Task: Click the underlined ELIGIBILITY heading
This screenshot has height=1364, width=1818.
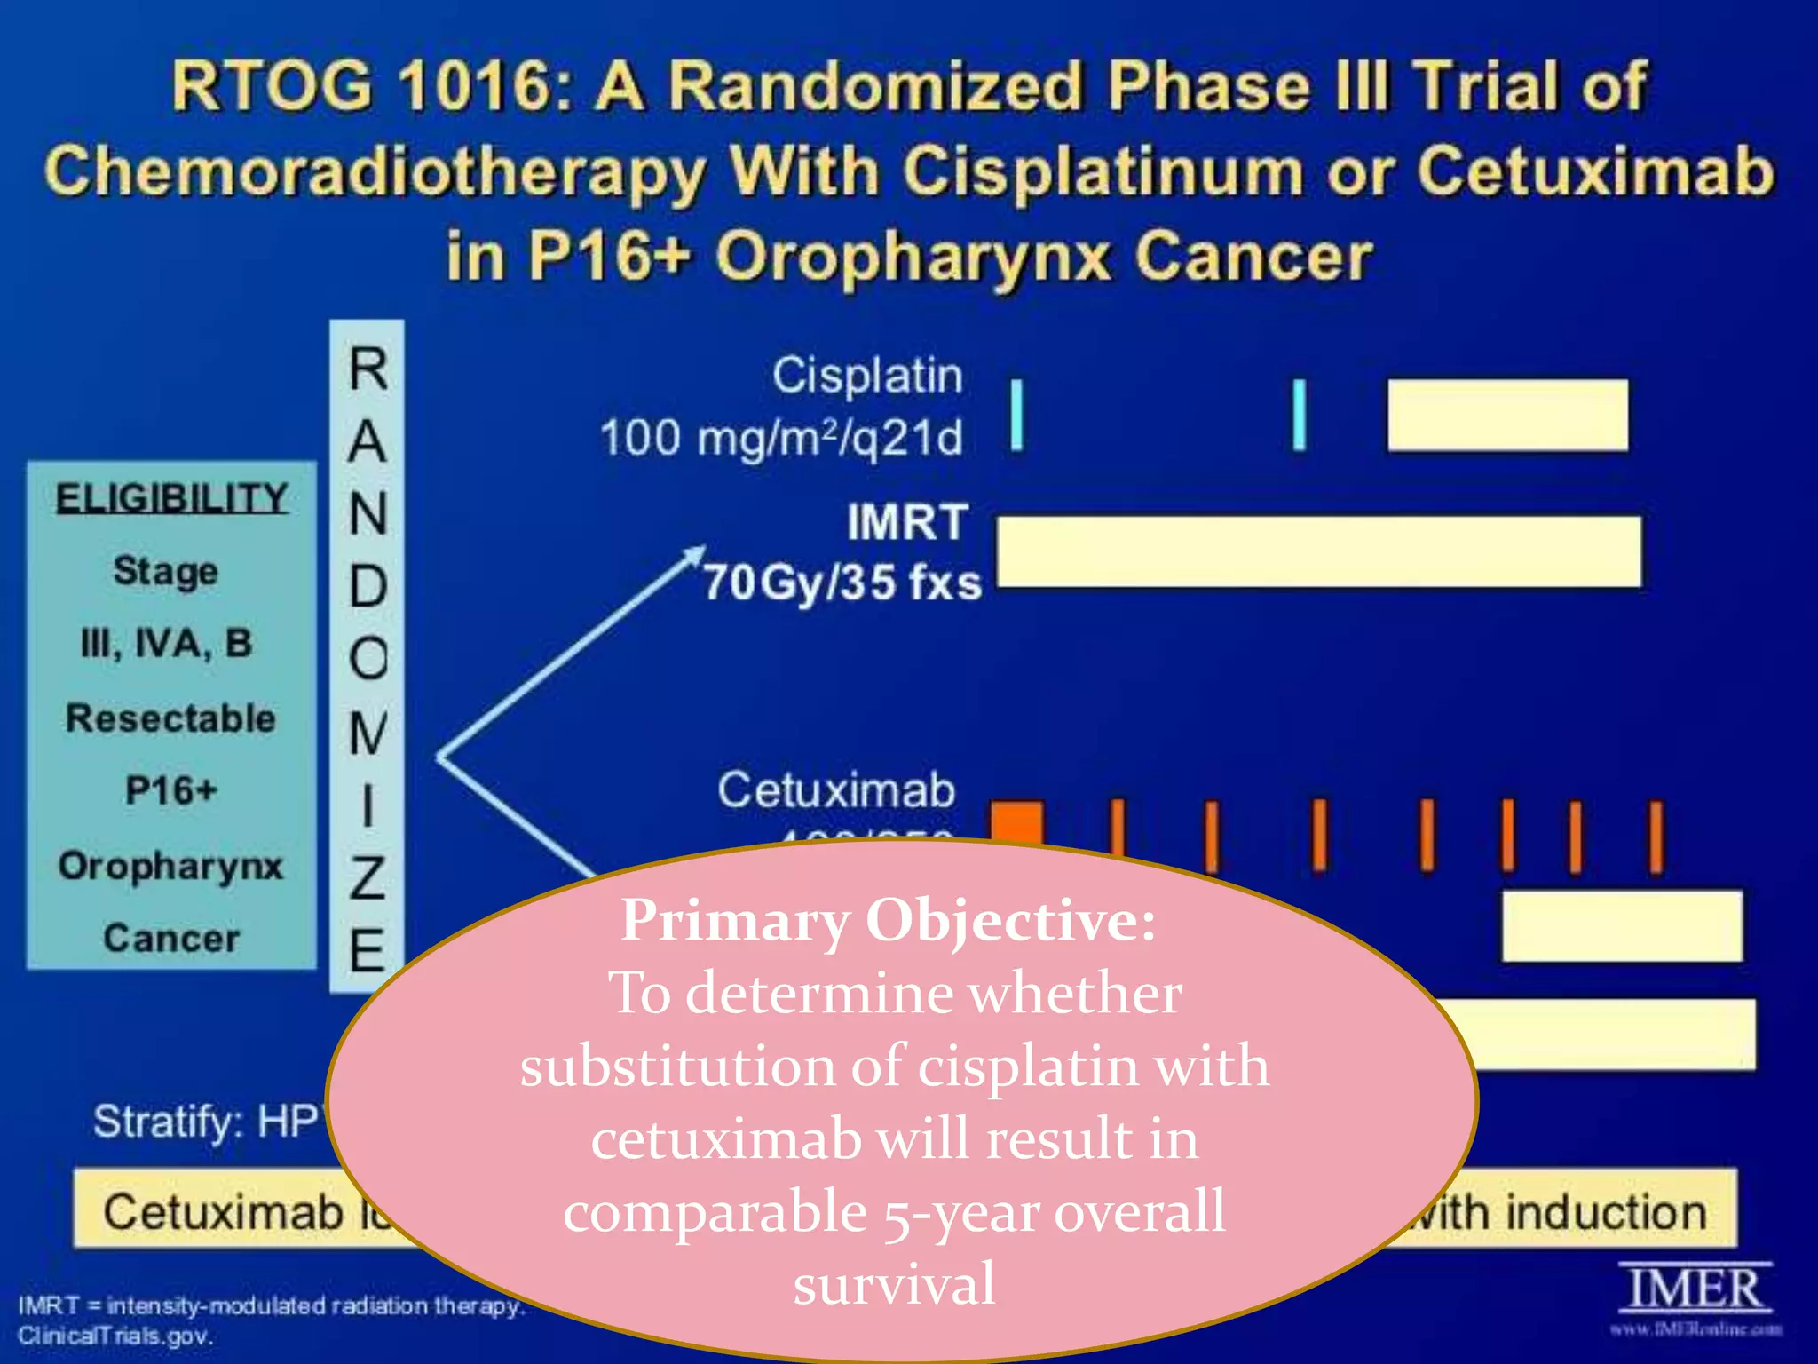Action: (171, 498)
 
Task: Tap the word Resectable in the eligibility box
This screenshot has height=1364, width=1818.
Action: (170, 718)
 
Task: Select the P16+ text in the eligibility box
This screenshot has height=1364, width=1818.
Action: (170, 790)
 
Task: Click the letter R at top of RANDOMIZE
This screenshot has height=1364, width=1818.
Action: (368, 369)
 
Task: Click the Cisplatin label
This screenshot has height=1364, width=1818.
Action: (866, 376)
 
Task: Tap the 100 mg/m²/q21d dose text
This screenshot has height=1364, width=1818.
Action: (781, 438)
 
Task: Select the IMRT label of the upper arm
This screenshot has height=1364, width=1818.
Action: (906, 522)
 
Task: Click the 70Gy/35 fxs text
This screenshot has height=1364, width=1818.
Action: (842, 583)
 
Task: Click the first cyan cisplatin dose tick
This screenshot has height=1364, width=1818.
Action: (1017, 415)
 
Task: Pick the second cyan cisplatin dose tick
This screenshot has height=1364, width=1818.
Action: (1299, 415)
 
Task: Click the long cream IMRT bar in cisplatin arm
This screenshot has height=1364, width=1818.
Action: (1318, 551)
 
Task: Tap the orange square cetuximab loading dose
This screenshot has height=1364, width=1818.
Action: (1017, 821)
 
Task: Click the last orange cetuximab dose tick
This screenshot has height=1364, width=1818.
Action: (1656, 837)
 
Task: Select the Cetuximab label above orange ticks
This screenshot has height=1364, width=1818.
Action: (835, 789)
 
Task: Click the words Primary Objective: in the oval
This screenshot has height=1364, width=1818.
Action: (888, 920)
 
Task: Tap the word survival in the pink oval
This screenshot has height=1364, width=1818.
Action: (894, 1284)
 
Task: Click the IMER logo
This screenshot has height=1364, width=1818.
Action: (1695, 1290)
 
